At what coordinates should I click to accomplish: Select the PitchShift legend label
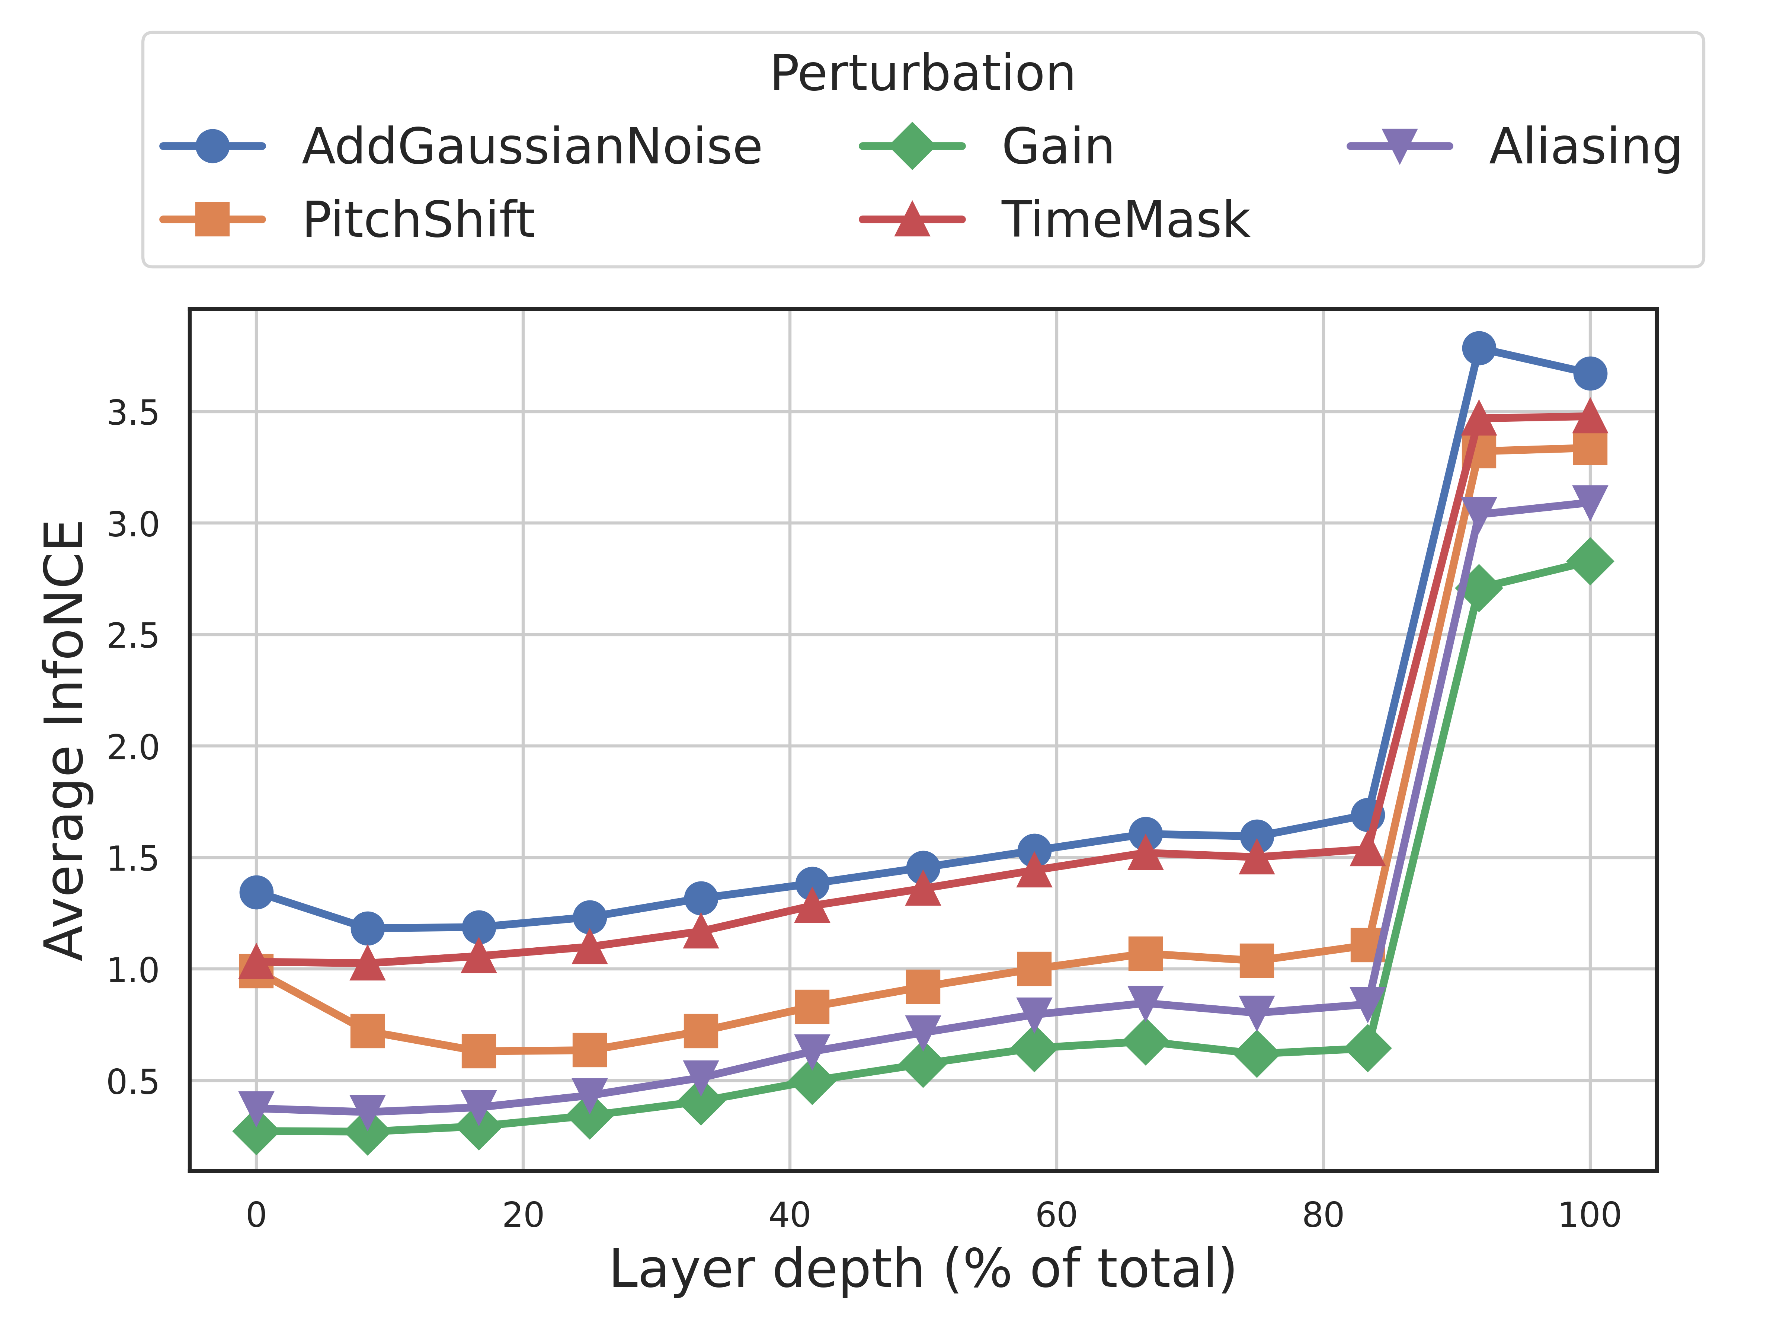pos(418,220)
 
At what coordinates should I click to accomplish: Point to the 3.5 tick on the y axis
pos(133,413)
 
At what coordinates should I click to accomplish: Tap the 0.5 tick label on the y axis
pos(133,1082)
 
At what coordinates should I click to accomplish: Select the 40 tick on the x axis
pos(790,1215)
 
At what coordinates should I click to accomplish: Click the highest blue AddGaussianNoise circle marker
pos(1478,348)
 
